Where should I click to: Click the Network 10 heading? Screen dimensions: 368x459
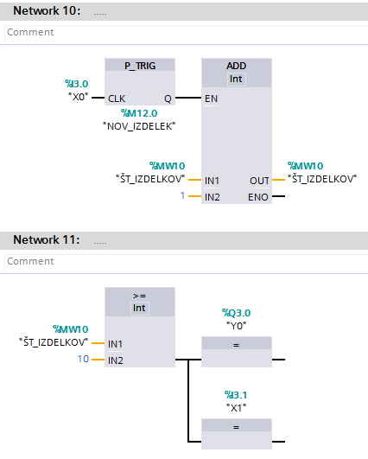pyautogui.click(x=47, y=11)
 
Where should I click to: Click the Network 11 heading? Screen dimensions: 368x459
pyautogui.click(x=47, y=239)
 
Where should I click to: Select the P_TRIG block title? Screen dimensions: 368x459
pyautogui.click(x=140, y=66)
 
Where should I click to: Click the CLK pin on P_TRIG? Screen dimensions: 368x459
pyautogui.click(x=117, y=99)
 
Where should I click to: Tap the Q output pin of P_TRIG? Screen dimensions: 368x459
pyautogui.click(x=168, y=99)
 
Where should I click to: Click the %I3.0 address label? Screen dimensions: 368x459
pyautogui.click(x=76, y=84)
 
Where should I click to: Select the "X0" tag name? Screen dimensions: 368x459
pyautogui.click(x=79, y=97)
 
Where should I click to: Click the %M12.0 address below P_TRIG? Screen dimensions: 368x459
pyautogui.click(x=139, y=113)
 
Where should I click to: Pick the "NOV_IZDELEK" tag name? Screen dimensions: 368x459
pyautogui.click(x=139, y=126)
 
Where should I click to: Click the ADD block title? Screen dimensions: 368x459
pyautogui.click(x=237, y=66)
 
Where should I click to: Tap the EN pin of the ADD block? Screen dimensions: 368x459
pyautogui.click(x=211, y=99)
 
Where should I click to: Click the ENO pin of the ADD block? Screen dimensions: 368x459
pyautogui.click(x=258, y=197)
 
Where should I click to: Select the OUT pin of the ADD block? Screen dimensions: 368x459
pyautogui.click(x=259, y=181)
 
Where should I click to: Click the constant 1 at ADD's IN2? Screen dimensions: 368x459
pyautogui.click(x=182, y=195)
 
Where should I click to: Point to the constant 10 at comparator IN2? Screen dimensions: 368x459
pyautogui.click(x=83, y=359)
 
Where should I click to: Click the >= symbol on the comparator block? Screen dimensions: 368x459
pyautogui.click(x=139, y=296)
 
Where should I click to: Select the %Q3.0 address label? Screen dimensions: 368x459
pyautogui.click(x=237, y=313)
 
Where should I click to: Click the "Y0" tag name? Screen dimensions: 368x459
pyautogui.click(x=237, y=326)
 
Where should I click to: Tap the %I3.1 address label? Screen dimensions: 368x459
pyautogui.click(x=236, y=395)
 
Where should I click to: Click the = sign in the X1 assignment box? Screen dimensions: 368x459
pyautogui.click(x=237, y=427)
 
